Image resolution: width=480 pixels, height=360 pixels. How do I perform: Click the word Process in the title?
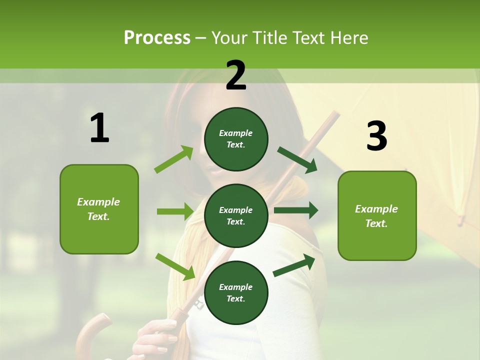tap(157, 37)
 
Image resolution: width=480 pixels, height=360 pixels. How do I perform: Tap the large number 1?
tap(99, 129)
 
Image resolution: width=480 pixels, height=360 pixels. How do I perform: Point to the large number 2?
tap(236, 76)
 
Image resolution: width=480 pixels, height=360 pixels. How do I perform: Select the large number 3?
tap(376, 136)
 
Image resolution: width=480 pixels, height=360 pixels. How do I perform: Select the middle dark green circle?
tap(236, 215)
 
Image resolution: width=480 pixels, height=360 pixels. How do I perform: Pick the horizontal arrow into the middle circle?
tap(174, 211)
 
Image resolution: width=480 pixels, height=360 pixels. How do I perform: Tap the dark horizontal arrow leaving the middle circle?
tap(295, 210)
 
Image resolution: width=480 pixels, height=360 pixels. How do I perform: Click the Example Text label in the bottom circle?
tap(236, 293)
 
